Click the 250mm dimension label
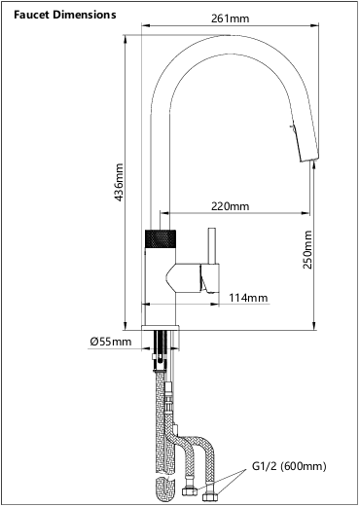click(307, 250)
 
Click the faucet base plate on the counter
click(162, 322)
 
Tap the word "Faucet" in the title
click(33, 16)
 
